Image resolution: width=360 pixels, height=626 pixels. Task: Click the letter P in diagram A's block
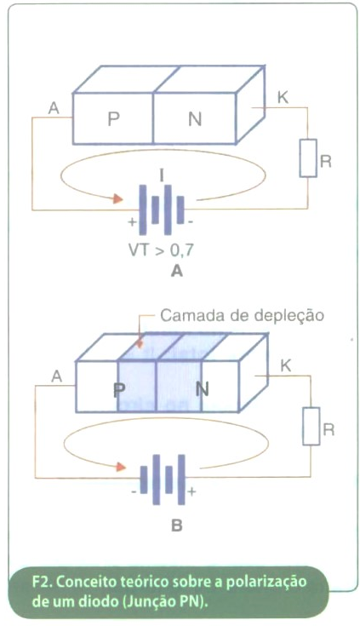point(114,119)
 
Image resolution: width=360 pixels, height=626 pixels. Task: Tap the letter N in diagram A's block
point(195,119)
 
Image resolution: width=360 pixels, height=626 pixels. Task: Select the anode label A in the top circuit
point(54,107)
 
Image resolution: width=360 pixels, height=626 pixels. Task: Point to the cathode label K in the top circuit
point(283,97)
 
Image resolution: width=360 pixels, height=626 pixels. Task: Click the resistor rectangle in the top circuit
point(308,158)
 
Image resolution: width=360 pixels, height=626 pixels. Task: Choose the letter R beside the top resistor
point(326,162)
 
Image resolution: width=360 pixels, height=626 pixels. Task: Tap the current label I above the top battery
point(161,175)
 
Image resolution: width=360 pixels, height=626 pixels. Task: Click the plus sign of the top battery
point(132,222)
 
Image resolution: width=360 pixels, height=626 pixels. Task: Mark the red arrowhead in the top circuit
point(117,198)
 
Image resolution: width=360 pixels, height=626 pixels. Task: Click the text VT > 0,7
point(161,250)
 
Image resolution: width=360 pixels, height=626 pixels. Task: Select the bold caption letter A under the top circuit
point(176,272)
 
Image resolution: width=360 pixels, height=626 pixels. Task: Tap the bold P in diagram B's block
point(117,390)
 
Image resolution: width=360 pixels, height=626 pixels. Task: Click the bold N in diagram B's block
point(203,389)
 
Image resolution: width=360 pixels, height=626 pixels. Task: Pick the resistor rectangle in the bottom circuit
point(311,426)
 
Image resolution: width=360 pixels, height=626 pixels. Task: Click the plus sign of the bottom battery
point(191,491)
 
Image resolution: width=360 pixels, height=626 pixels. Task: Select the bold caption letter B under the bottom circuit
point(176,525)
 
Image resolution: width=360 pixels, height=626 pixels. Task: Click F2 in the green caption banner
point(41,582)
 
